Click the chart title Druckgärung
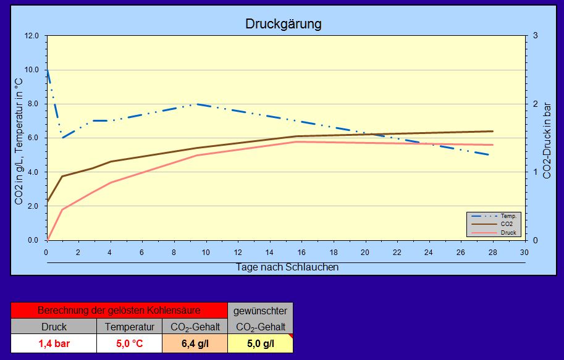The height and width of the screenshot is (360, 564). [284, 24]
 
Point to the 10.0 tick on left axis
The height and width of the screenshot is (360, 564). [32, 70]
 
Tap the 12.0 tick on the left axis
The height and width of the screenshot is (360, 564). [32, 36]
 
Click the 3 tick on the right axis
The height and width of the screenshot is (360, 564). [535, 36]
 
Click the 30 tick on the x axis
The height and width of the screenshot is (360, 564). [524, 253]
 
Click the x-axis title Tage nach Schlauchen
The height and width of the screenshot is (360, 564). [287, 267]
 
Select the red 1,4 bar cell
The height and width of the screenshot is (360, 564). [54, 343]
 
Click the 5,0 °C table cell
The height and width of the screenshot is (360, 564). [129, 343]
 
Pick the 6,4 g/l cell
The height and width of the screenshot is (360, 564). [195, 343]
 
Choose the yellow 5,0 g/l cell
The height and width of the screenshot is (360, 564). [260, 343]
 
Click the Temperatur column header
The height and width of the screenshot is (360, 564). [129, 327]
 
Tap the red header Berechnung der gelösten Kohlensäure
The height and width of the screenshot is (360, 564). [119, 311]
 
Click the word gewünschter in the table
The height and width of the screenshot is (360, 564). [260, 311]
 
